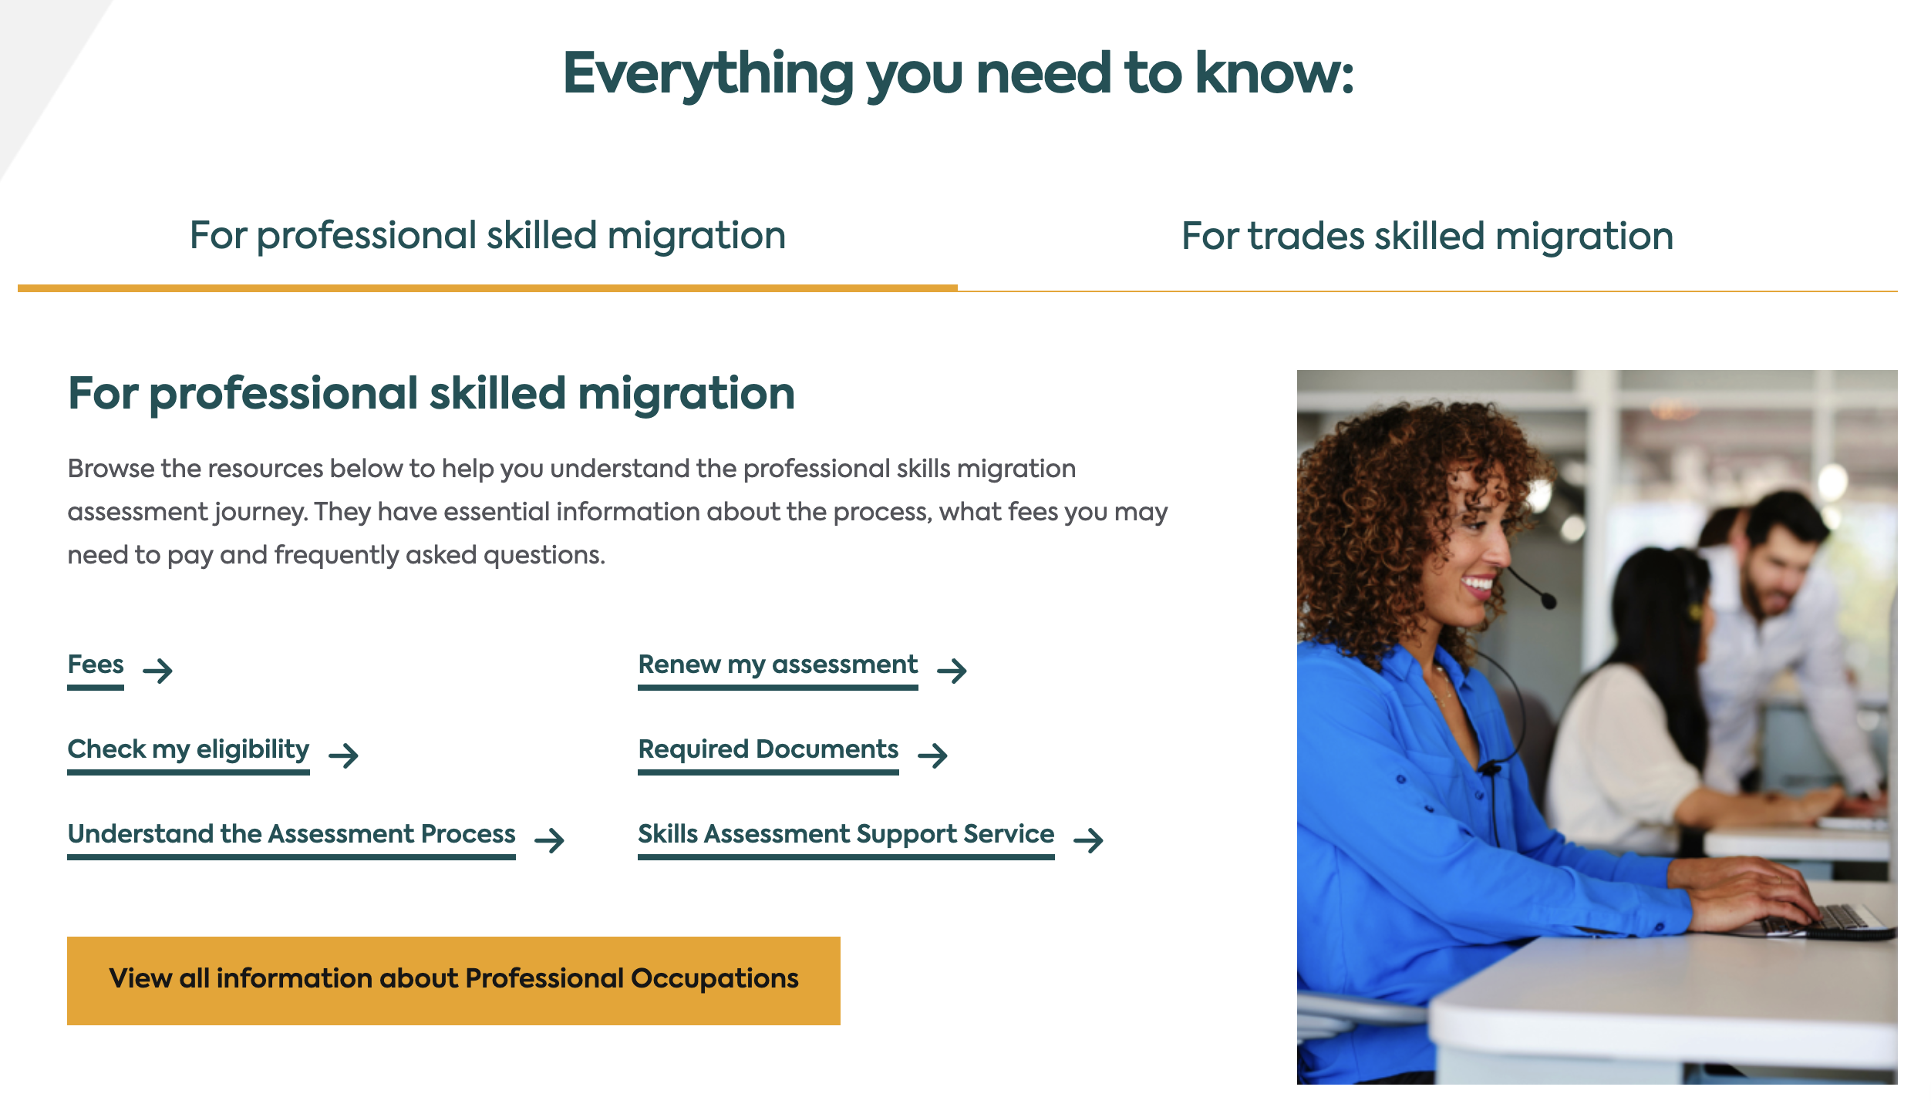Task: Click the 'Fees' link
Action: pyautogui.click(x=96, y=665)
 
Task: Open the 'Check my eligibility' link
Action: pyautogui.click(x=188, y=749)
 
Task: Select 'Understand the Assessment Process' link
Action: pyautogui.click(x=292, y=834)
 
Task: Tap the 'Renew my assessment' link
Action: pyautogui.click(x=778, y=665)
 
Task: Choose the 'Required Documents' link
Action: pyautogui.click(x=768, y=749)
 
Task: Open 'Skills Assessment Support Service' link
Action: pyautogui.click(x=846, y=834)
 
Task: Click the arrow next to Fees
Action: pyautogui.click(x=158, y=671)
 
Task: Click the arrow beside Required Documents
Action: pyautogui.click(x=933, y=755)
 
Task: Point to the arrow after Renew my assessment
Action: pyautogui.click(x=952, y=671)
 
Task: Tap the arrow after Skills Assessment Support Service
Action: pyautogui.click(x=1089, y=840)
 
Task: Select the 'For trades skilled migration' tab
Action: pyautogui.click(x=1427, y=236)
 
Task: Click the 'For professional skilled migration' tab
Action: pyautogui.click(x=487, y=236)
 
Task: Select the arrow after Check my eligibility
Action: pyautogui.click(x=344, y=755)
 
